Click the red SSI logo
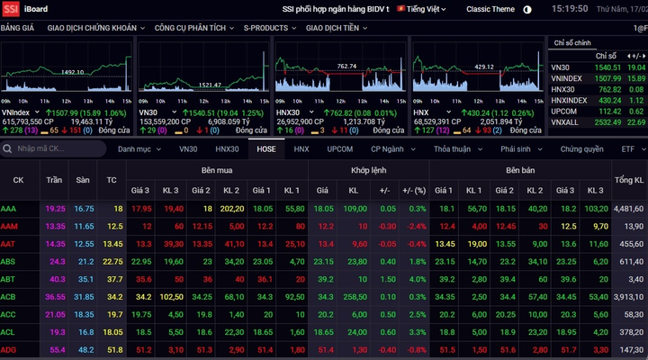[11, 9]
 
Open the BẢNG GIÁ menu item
[17, 28]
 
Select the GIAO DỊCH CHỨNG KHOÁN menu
[92, 28]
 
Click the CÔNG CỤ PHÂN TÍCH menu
[191, 28]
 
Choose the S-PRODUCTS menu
[269, 28]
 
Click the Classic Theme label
[490, 9]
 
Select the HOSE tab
[265, 148]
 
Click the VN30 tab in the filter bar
[187, 148]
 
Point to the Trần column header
[55, 180]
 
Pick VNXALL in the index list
[565, 122]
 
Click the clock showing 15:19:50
[571, 9]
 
